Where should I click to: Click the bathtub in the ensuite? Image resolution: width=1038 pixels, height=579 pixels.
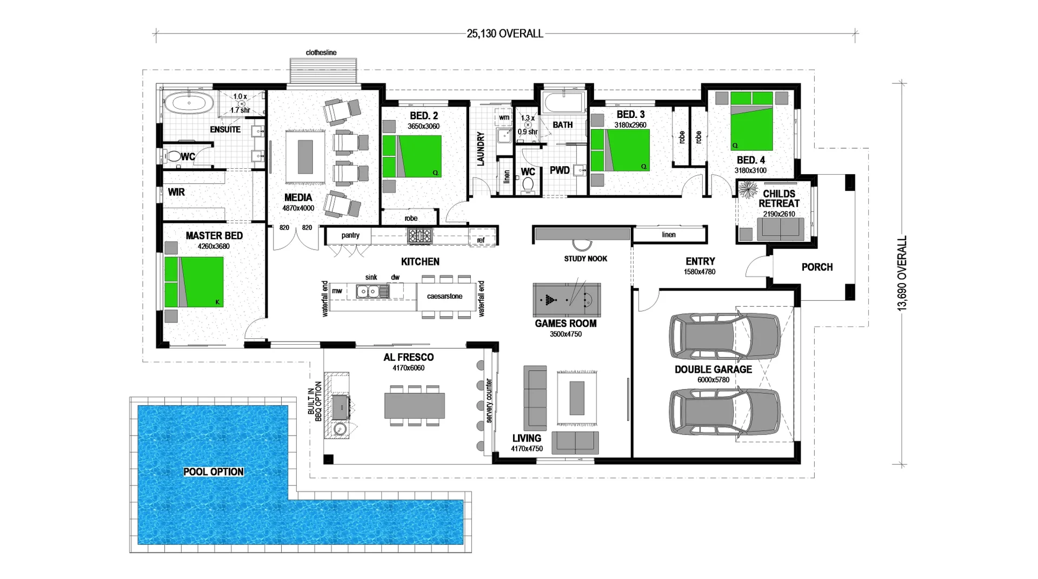(x=189, y=102)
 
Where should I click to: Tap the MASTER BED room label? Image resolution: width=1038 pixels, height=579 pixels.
(x=214, y=236)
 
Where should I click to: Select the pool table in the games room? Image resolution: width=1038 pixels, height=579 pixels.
(x=567, y=299)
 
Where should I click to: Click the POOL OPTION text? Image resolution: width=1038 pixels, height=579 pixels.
(x=214, y=472)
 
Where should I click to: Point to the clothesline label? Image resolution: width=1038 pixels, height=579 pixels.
(x=321, y=52)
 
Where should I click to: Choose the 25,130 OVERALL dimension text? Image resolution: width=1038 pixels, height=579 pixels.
(x=505, y=34)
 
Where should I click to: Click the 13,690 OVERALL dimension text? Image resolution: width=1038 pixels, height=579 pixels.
(x=902, y=273)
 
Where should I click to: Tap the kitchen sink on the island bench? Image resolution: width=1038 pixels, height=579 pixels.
(x=372, y=292)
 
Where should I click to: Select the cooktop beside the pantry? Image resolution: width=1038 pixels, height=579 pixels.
(x=420, y=235)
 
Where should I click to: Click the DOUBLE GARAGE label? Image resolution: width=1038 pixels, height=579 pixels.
(x=713, y=370)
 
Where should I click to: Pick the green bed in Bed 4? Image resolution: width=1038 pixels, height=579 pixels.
(x=751, y=121)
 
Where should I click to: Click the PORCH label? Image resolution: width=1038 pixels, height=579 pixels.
(x=817, y=267)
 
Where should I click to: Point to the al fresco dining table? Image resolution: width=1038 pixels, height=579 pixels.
(x=415, y=405)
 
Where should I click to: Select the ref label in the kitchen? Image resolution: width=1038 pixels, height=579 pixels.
(x=481, y=240)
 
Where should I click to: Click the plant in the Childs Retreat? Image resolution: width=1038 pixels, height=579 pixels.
(x=748, y=190)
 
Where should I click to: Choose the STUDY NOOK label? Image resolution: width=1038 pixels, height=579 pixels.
(x=585, y=259)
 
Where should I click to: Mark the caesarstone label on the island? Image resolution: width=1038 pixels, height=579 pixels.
(x=444, y=296)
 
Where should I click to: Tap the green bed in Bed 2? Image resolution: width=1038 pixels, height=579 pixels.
(x=412, y=156)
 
